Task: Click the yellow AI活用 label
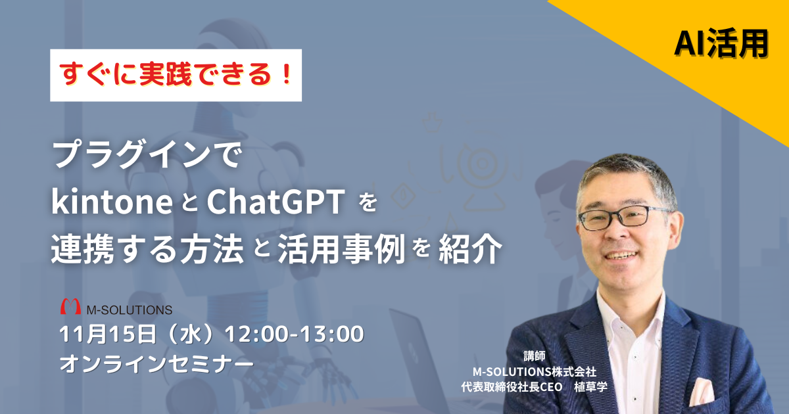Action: click(x=721, y=43)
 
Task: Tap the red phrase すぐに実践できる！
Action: click(x=176, y=75)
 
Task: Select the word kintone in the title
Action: click(x=112, y=202)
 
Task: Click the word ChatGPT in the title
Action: click(x=275, y=202)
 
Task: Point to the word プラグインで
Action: click(x=147, y=155)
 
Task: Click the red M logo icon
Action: click(x=70, y=306)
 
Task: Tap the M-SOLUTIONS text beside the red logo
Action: click(x=130, y=310)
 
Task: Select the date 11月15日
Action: click(x=108, y=334)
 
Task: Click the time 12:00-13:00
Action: click(x=294, y=334)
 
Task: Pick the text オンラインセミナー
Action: click(x=156, y=363)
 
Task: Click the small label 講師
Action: click(x=535, y=356)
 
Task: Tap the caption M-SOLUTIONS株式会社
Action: click(x=535, y=371)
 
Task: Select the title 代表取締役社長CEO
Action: click(x=512, y=387)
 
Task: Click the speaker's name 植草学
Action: click(x=590, y=387)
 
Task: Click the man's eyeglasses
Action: click(x=623, y=218)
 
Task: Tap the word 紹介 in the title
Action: click(x=470, y=249)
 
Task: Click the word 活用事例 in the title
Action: click(x=341, y=249)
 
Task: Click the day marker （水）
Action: click(x=191, y=334)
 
